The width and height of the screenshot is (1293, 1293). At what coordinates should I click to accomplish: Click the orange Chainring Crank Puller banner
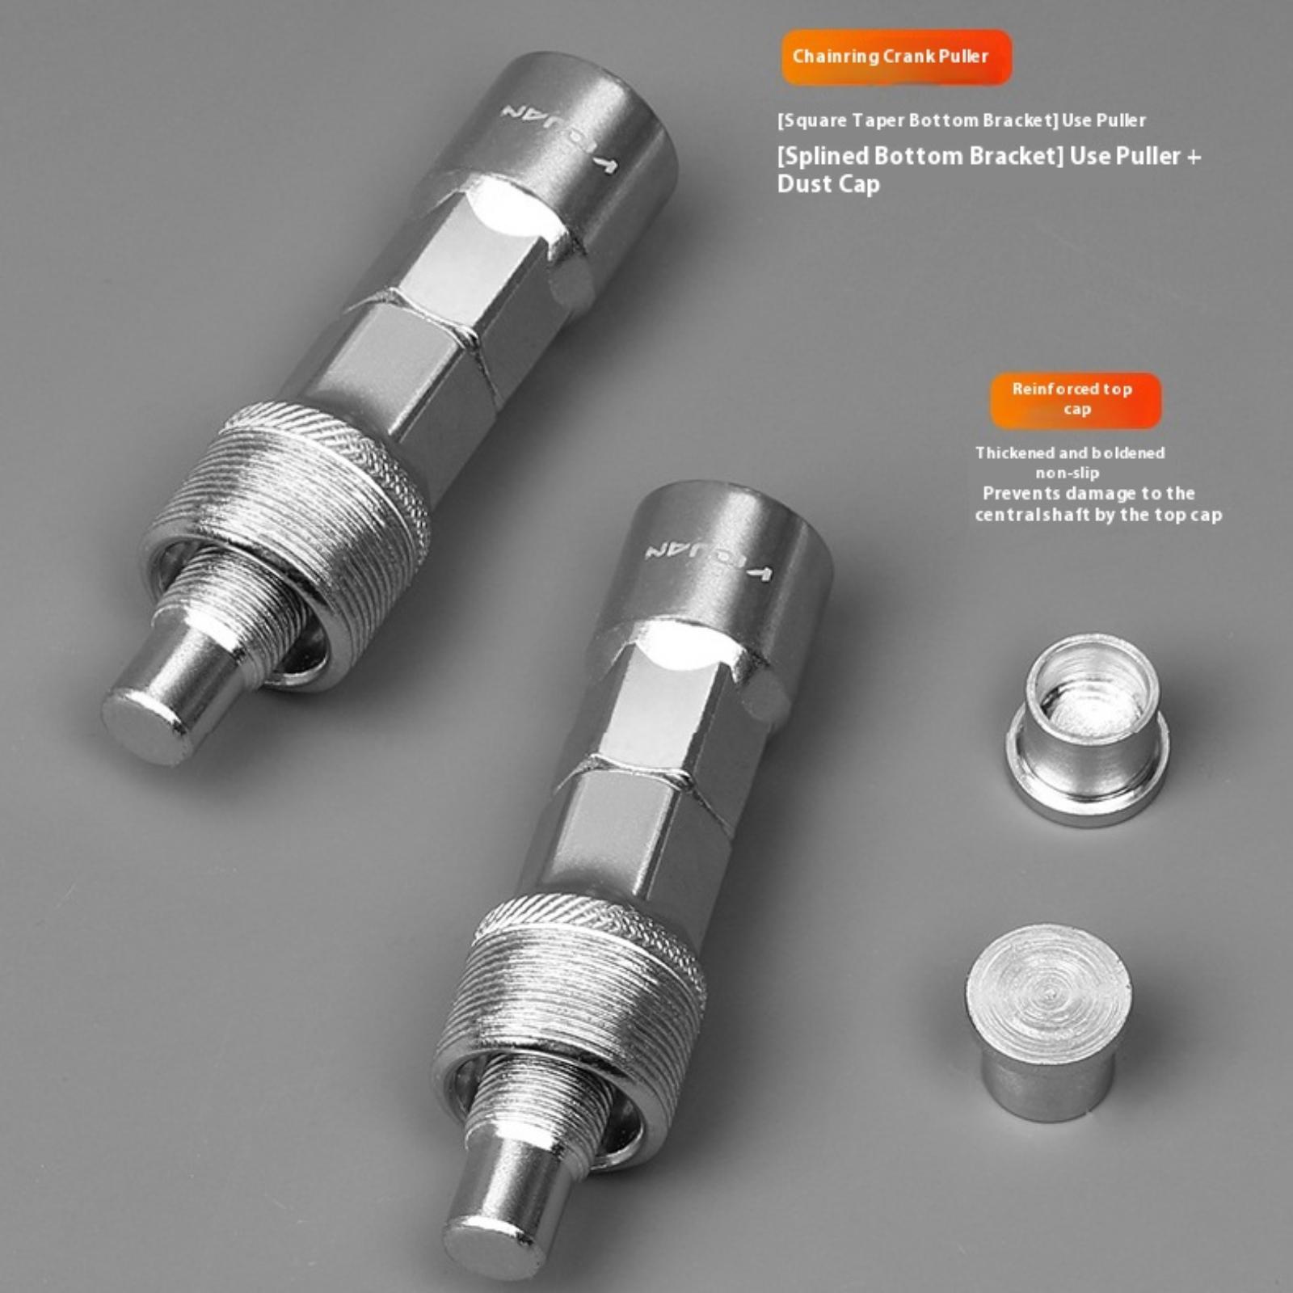pos(896,57)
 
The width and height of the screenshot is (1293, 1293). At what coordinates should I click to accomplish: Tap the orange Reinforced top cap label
pos(1076,399)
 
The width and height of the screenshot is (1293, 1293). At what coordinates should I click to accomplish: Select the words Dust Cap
pos(828,184)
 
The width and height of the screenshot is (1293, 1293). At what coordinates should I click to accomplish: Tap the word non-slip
pos(1068,473)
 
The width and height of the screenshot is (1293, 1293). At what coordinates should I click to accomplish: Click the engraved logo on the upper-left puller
pos(558,137)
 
